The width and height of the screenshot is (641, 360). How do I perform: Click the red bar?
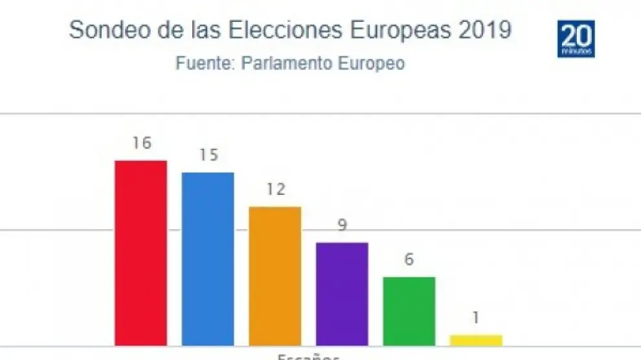[x=141, y=253]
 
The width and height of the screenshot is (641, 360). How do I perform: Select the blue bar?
[x=208, y=258]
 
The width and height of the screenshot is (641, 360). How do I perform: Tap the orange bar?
[x=275, y=276]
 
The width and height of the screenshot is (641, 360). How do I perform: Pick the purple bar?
[x=342, y=294]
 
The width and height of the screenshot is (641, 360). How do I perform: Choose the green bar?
[x=409, y=311]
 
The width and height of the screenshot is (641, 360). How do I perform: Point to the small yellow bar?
[x=476, y=340]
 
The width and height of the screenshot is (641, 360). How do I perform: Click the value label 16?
[x=141, y=143]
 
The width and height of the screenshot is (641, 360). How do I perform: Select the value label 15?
[x=208, y=155]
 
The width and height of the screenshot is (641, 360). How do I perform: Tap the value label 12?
[x=275, y=190]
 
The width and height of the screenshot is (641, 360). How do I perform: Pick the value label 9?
[x=342, y=225]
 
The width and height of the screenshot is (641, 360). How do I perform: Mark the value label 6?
[x=409, y=260]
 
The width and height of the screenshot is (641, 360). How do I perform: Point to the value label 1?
[x=476, y=318]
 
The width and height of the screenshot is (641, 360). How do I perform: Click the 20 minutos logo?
[x=576, y=39]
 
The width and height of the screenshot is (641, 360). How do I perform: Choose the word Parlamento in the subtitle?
[x=279, y=64]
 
